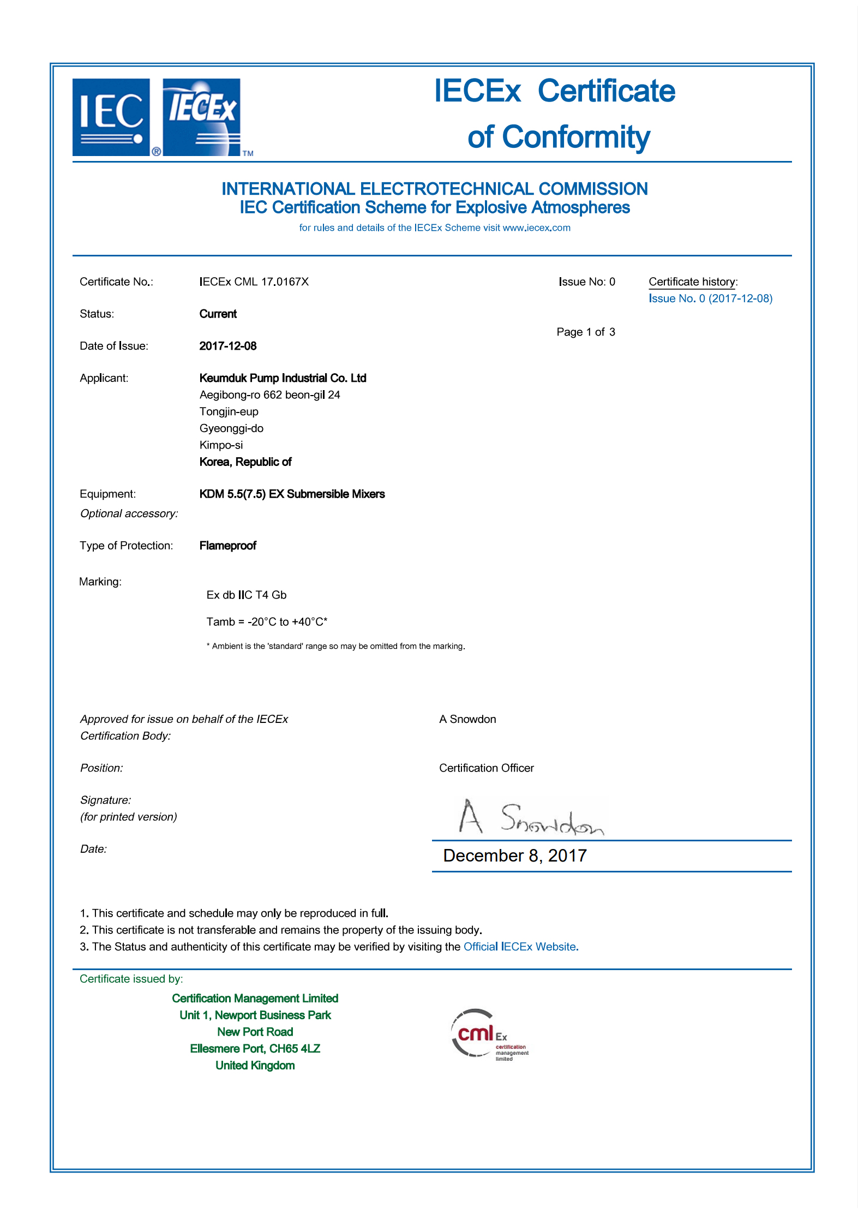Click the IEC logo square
tap(111, 117)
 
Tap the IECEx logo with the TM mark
tap(202, 117)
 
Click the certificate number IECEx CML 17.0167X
tap(254, 282)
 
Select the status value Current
tap(218, 314)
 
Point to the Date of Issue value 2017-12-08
tap(228, 346)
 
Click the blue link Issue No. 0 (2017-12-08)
tap(710, 298)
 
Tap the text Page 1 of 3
tap(586, 332)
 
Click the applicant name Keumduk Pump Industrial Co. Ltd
tap(283, 378)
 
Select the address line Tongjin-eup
tap(229, 411)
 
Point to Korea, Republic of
tap(245, 462)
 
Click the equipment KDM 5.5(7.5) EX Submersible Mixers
tap(292, 494)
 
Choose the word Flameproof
tap(227, 546)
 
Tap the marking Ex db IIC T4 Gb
tap(246, 595)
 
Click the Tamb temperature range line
tap(267, 621)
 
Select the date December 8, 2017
tap(514, 856)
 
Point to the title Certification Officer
tap(486, 768)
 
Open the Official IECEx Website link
tap(519, 947)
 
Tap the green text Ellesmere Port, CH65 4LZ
tap(255, 1049)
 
